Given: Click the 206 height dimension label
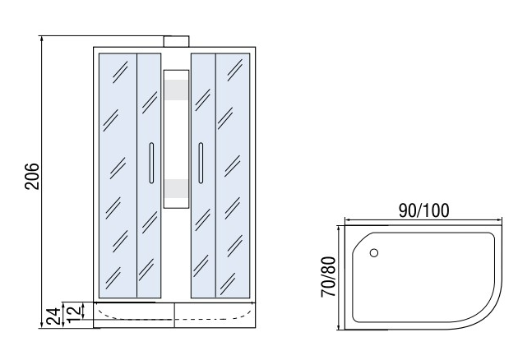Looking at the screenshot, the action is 32,176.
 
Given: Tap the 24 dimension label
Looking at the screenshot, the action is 53,316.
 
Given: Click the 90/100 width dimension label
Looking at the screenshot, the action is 424,210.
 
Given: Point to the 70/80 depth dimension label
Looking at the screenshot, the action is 329,277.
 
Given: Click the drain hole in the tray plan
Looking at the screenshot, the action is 374,253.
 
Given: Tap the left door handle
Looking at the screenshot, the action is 151,163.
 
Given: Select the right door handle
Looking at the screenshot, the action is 201,163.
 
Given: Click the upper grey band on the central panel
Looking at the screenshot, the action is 177,90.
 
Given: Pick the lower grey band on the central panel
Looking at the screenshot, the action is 177,189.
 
